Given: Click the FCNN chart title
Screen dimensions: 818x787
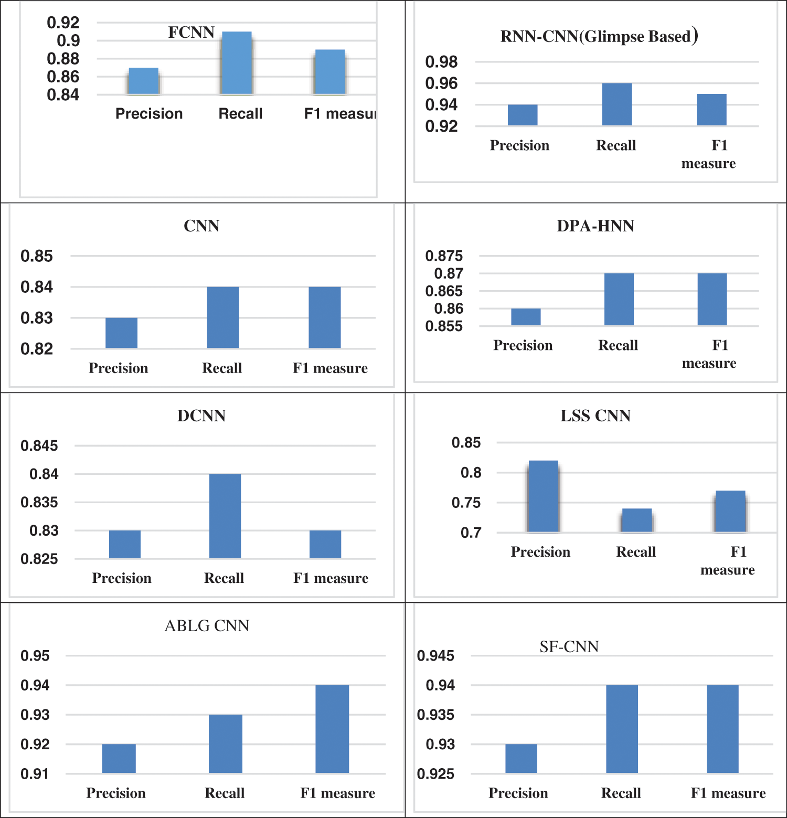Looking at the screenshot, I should tap(191, 33).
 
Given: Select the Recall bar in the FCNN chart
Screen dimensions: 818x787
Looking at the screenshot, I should tap(237, 63).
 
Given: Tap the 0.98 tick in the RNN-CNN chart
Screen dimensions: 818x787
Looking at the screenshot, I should tap(441, 62).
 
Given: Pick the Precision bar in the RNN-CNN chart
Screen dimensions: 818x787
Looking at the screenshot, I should tap(522, 115).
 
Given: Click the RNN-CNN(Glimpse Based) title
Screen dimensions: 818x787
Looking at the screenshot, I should tap(599, 36).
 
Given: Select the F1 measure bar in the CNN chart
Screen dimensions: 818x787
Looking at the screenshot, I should tap(324, 317).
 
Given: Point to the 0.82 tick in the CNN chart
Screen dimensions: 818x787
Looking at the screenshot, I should tap(37, 349).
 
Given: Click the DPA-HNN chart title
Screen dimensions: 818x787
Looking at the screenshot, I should tap(595, 226).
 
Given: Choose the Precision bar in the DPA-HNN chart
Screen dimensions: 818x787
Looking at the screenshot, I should tap(526, 317).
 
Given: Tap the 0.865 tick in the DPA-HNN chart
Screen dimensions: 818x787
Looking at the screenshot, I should tap(444, 291).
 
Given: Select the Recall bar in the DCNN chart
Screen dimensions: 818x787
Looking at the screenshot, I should tap(225, 516).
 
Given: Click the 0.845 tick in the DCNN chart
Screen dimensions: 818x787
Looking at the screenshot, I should tap(39, 446).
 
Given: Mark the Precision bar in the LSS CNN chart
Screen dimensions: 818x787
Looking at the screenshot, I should tap(543, 496).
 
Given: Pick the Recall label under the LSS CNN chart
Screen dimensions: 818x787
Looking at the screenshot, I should tap(636, 552).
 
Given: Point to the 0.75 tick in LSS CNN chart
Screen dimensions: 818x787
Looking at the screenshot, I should tap(466, 503).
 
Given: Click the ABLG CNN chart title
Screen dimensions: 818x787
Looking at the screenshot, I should tap(207, 626).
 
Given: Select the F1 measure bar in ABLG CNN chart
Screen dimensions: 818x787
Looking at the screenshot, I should tap(332, 729).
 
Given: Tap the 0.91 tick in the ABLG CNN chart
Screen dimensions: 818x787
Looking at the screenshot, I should tap(35, 774).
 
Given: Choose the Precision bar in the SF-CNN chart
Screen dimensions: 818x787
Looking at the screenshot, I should tap(521, 758).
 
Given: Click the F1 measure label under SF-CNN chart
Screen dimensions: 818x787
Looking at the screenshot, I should tap(728, 793).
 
